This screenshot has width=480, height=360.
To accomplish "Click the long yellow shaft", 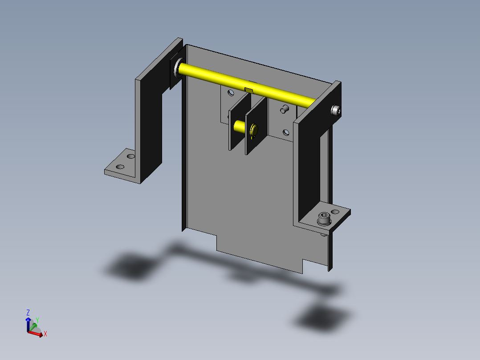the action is point(246,85).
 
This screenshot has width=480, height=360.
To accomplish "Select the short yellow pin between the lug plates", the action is point(240,126).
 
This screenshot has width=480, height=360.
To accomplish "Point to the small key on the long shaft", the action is point(248,90).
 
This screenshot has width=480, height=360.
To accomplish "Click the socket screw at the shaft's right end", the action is point(336,110).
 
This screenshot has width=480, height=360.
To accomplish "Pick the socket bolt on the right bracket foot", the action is point(324,219).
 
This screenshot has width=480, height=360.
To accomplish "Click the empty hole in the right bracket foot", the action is point(335,212).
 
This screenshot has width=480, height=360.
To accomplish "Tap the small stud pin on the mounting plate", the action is point(285,109).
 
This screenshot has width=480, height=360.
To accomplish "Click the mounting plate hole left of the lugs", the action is point(231,93).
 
